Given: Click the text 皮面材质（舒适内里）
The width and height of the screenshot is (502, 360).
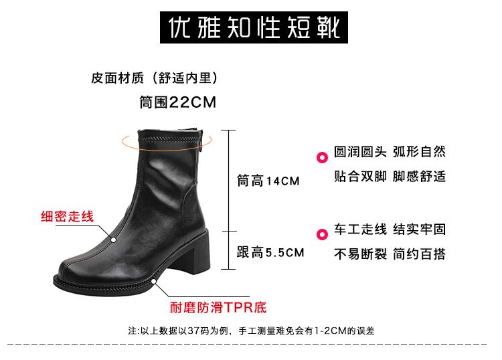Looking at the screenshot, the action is tap(155, 78).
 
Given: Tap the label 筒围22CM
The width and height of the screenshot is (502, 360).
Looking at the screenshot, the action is tap(177, 102).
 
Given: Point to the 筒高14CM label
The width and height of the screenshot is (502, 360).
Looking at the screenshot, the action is tap(268, 181).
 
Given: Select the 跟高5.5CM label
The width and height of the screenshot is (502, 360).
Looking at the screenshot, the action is tap(270, 252).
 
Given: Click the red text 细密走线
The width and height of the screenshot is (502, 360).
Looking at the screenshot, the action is tap(68, 217).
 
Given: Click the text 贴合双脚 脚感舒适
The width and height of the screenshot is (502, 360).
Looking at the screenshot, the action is tap(390, 177).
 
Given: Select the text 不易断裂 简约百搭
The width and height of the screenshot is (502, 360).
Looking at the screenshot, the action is tap(390, 254).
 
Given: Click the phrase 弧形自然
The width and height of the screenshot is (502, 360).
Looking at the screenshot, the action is tap(419, 151).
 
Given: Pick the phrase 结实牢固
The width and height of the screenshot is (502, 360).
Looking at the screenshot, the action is tap(419, 230).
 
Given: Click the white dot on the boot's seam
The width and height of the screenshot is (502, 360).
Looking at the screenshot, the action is tap(114, 239).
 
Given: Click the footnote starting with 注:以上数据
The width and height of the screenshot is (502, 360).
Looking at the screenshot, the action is tap(251, 331).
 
